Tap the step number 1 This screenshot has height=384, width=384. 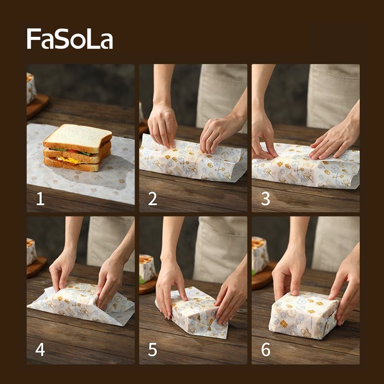(x=40, y=199)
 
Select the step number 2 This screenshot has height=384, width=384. (x=152, y=199)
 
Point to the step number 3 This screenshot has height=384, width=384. (x=265, y=199)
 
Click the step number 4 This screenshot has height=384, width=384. (x=40, y=350)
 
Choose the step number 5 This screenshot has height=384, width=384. (x=152, y=350)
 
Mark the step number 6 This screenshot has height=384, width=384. (x=265, y=350)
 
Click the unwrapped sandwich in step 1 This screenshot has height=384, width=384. (x=78, y=148)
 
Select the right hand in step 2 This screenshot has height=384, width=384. (x=217, y=132)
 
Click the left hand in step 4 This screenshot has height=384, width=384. (x=62, y=269)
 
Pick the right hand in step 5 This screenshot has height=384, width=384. (x=230, y=296)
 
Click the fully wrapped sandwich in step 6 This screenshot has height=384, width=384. (x=303, y=315)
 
